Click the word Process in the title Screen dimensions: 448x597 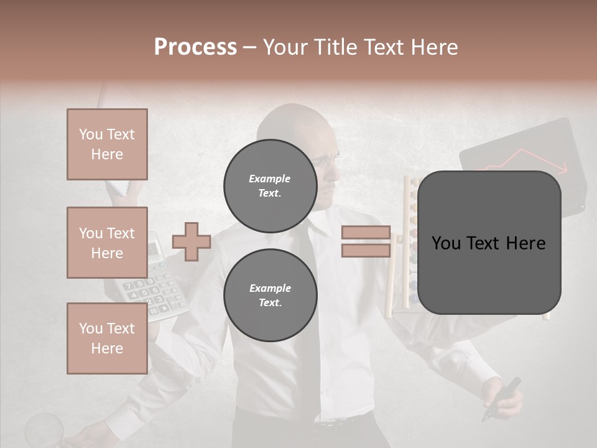tap(195, 47)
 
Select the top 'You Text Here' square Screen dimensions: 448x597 tap(107, 144)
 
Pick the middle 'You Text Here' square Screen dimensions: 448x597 tap(107, 243)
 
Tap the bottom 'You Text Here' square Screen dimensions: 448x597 tap(107, 338)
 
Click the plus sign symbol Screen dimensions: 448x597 tap(192, 241)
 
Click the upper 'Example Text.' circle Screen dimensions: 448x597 tap(270, 185)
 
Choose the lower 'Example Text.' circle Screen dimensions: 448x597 tap(270, 295)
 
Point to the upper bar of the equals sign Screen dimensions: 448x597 tap(366, 233)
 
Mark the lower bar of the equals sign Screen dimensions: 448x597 tap(366, 250)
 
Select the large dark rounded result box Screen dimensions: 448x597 tap(489, 243)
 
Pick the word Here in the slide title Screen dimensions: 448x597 tap(433, 47)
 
